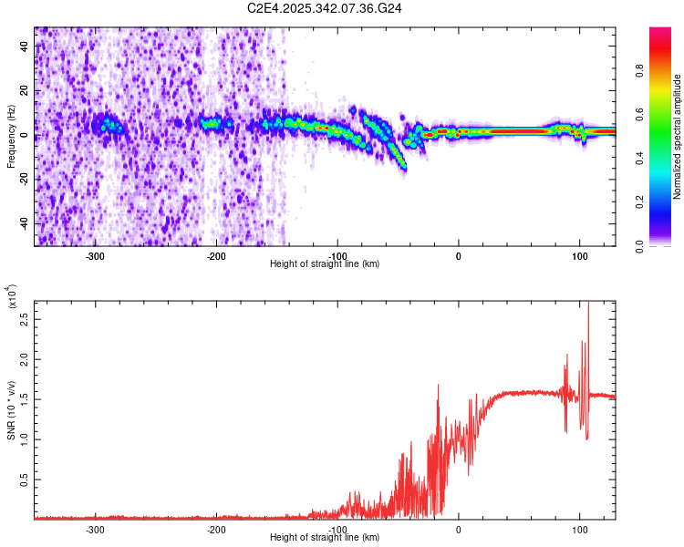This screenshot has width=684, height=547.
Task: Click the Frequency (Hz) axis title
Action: click(x=12, y=136)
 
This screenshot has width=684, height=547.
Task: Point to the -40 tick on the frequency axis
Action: click(x=24, y=223)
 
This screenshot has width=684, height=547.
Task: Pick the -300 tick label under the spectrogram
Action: click(x=95, y=255)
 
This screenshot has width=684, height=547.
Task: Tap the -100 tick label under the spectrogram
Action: click(x=337, y=255)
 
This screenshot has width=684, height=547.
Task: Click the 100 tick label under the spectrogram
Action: click(x=579, y=255)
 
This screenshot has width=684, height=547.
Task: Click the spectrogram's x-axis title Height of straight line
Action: click(x=325, y=264)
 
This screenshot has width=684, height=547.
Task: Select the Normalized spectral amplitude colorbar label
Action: click(x=678, y=137)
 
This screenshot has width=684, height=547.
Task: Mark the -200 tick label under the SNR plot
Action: click(x=216, y=529)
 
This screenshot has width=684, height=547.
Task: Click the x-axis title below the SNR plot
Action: click(x=325, y=538)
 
